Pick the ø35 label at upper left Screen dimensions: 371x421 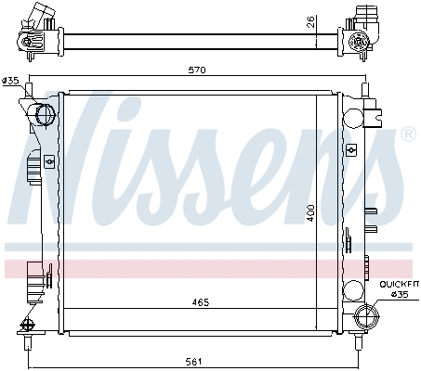(11, 82)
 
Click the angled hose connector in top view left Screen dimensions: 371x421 (37, 16)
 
